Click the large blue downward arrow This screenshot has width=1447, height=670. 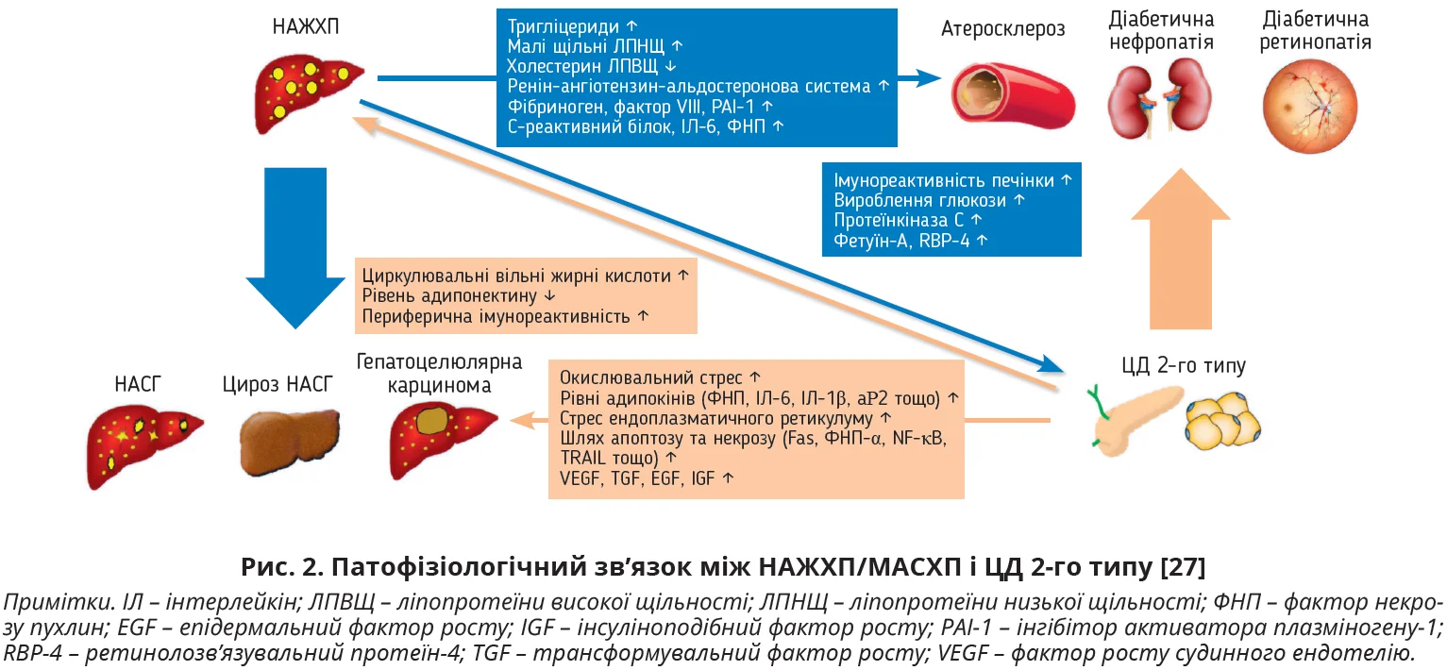tap(296, 247)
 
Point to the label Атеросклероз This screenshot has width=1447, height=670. tap(1002, 29)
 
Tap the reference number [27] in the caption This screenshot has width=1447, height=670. tap(1184, 568)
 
